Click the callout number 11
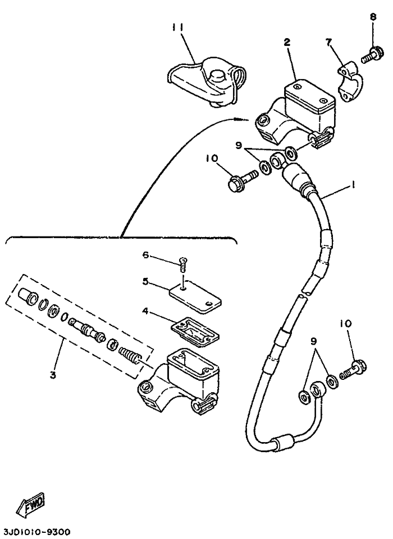pos(179,28)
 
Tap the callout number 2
pos(287,42)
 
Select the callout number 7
pos(328,42)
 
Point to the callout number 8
pos(373,16)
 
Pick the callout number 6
pos(145,255)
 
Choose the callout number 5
pos(145,281)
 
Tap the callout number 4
pos(145,311)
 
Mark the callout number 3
pos(53,375)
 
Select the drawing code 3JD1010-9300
pos(35,532)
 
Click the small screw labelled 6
pos(182,264)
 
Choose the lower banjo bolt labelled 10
pos(353,370)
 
